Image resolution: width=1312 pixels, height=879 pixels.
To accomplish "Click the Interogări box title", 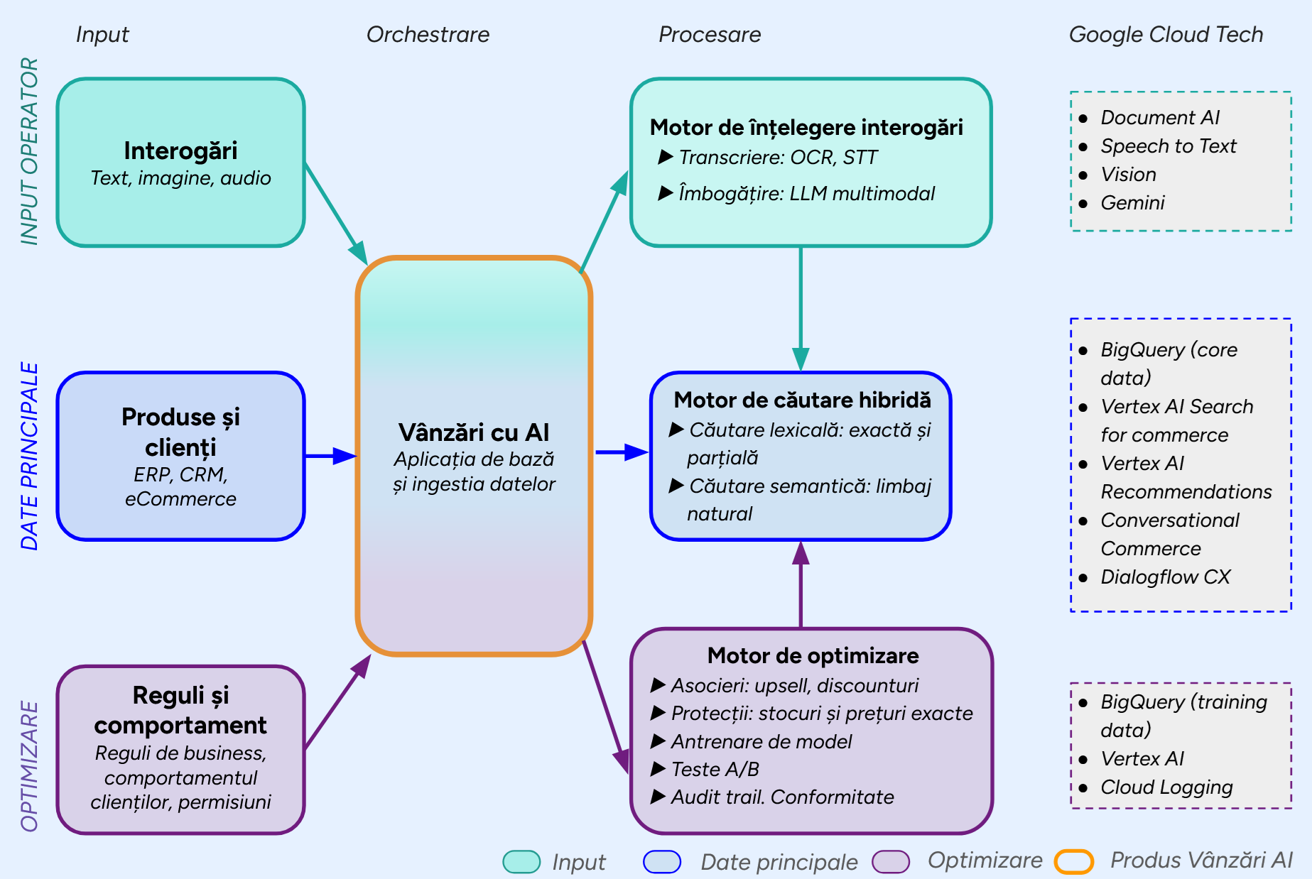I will click(x=180, y=151).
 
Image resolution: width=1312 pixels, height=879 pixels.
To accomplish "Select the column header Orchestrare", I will click(x=428, y=34).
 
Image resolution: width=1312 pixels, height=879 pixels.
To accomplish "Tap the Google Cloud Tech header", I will click(x=1166, y=34).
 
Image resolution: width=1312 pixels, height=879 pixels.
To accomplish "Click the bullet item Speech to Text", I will click(x=1168, y=146).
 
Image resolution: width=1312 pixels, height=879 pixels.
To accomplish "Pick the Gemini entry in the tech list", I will click(x=1132, y=203).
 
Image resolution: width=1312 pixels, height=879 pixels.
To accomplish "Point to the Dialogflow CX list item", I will click(x=1165, y=577).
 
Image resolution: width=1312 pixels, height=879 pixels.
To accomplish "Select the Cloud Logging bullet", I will click(x=1166, y=787).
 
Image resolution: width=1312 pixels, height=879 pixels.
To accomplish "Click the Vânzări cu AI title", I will click(x=474, y=432).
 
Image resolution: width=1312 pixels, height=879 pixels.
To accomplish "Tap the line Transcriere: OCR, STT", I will click(x=778, y=158).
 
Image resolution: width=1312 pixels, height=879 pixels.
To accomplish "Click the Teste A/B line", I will click(x=715, y=769).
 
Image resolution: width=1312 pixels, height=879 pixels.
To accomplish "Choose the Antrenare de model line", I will click(x=761, y=741).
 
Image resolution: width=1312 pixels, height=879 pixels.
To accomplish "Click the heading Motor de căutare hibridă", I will click(x=802, y=400).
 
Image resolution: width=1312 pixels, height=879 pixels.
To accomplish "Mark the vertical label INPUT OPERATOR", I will click(x=29, y=151).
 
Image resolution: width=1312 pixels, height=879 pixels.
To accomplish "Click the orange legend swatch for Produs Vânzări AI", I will click(x=1073, y=861).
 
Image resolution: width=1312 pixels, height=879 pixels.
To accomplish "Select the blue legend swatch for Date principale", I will click(x=661, y=861).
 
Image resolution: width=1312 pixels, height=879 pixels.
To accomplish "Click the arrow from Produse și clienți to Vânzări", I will click(x=330, y=456).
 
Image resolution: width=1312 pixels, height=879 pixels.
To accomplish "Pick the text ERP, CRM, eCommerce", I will click(x=180, y=486).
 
